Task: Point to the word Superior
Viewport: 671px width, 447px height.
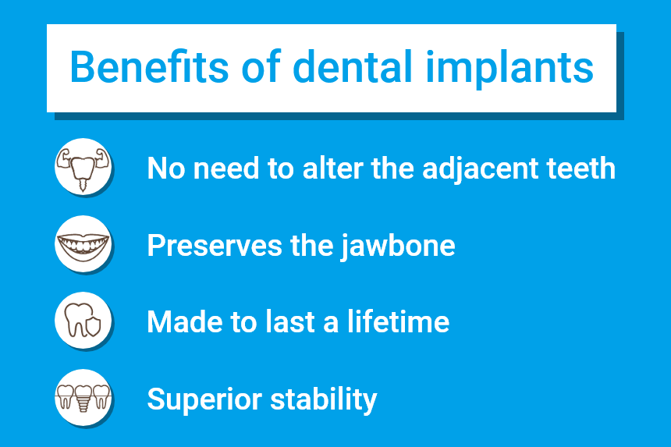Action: [203, 400]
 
